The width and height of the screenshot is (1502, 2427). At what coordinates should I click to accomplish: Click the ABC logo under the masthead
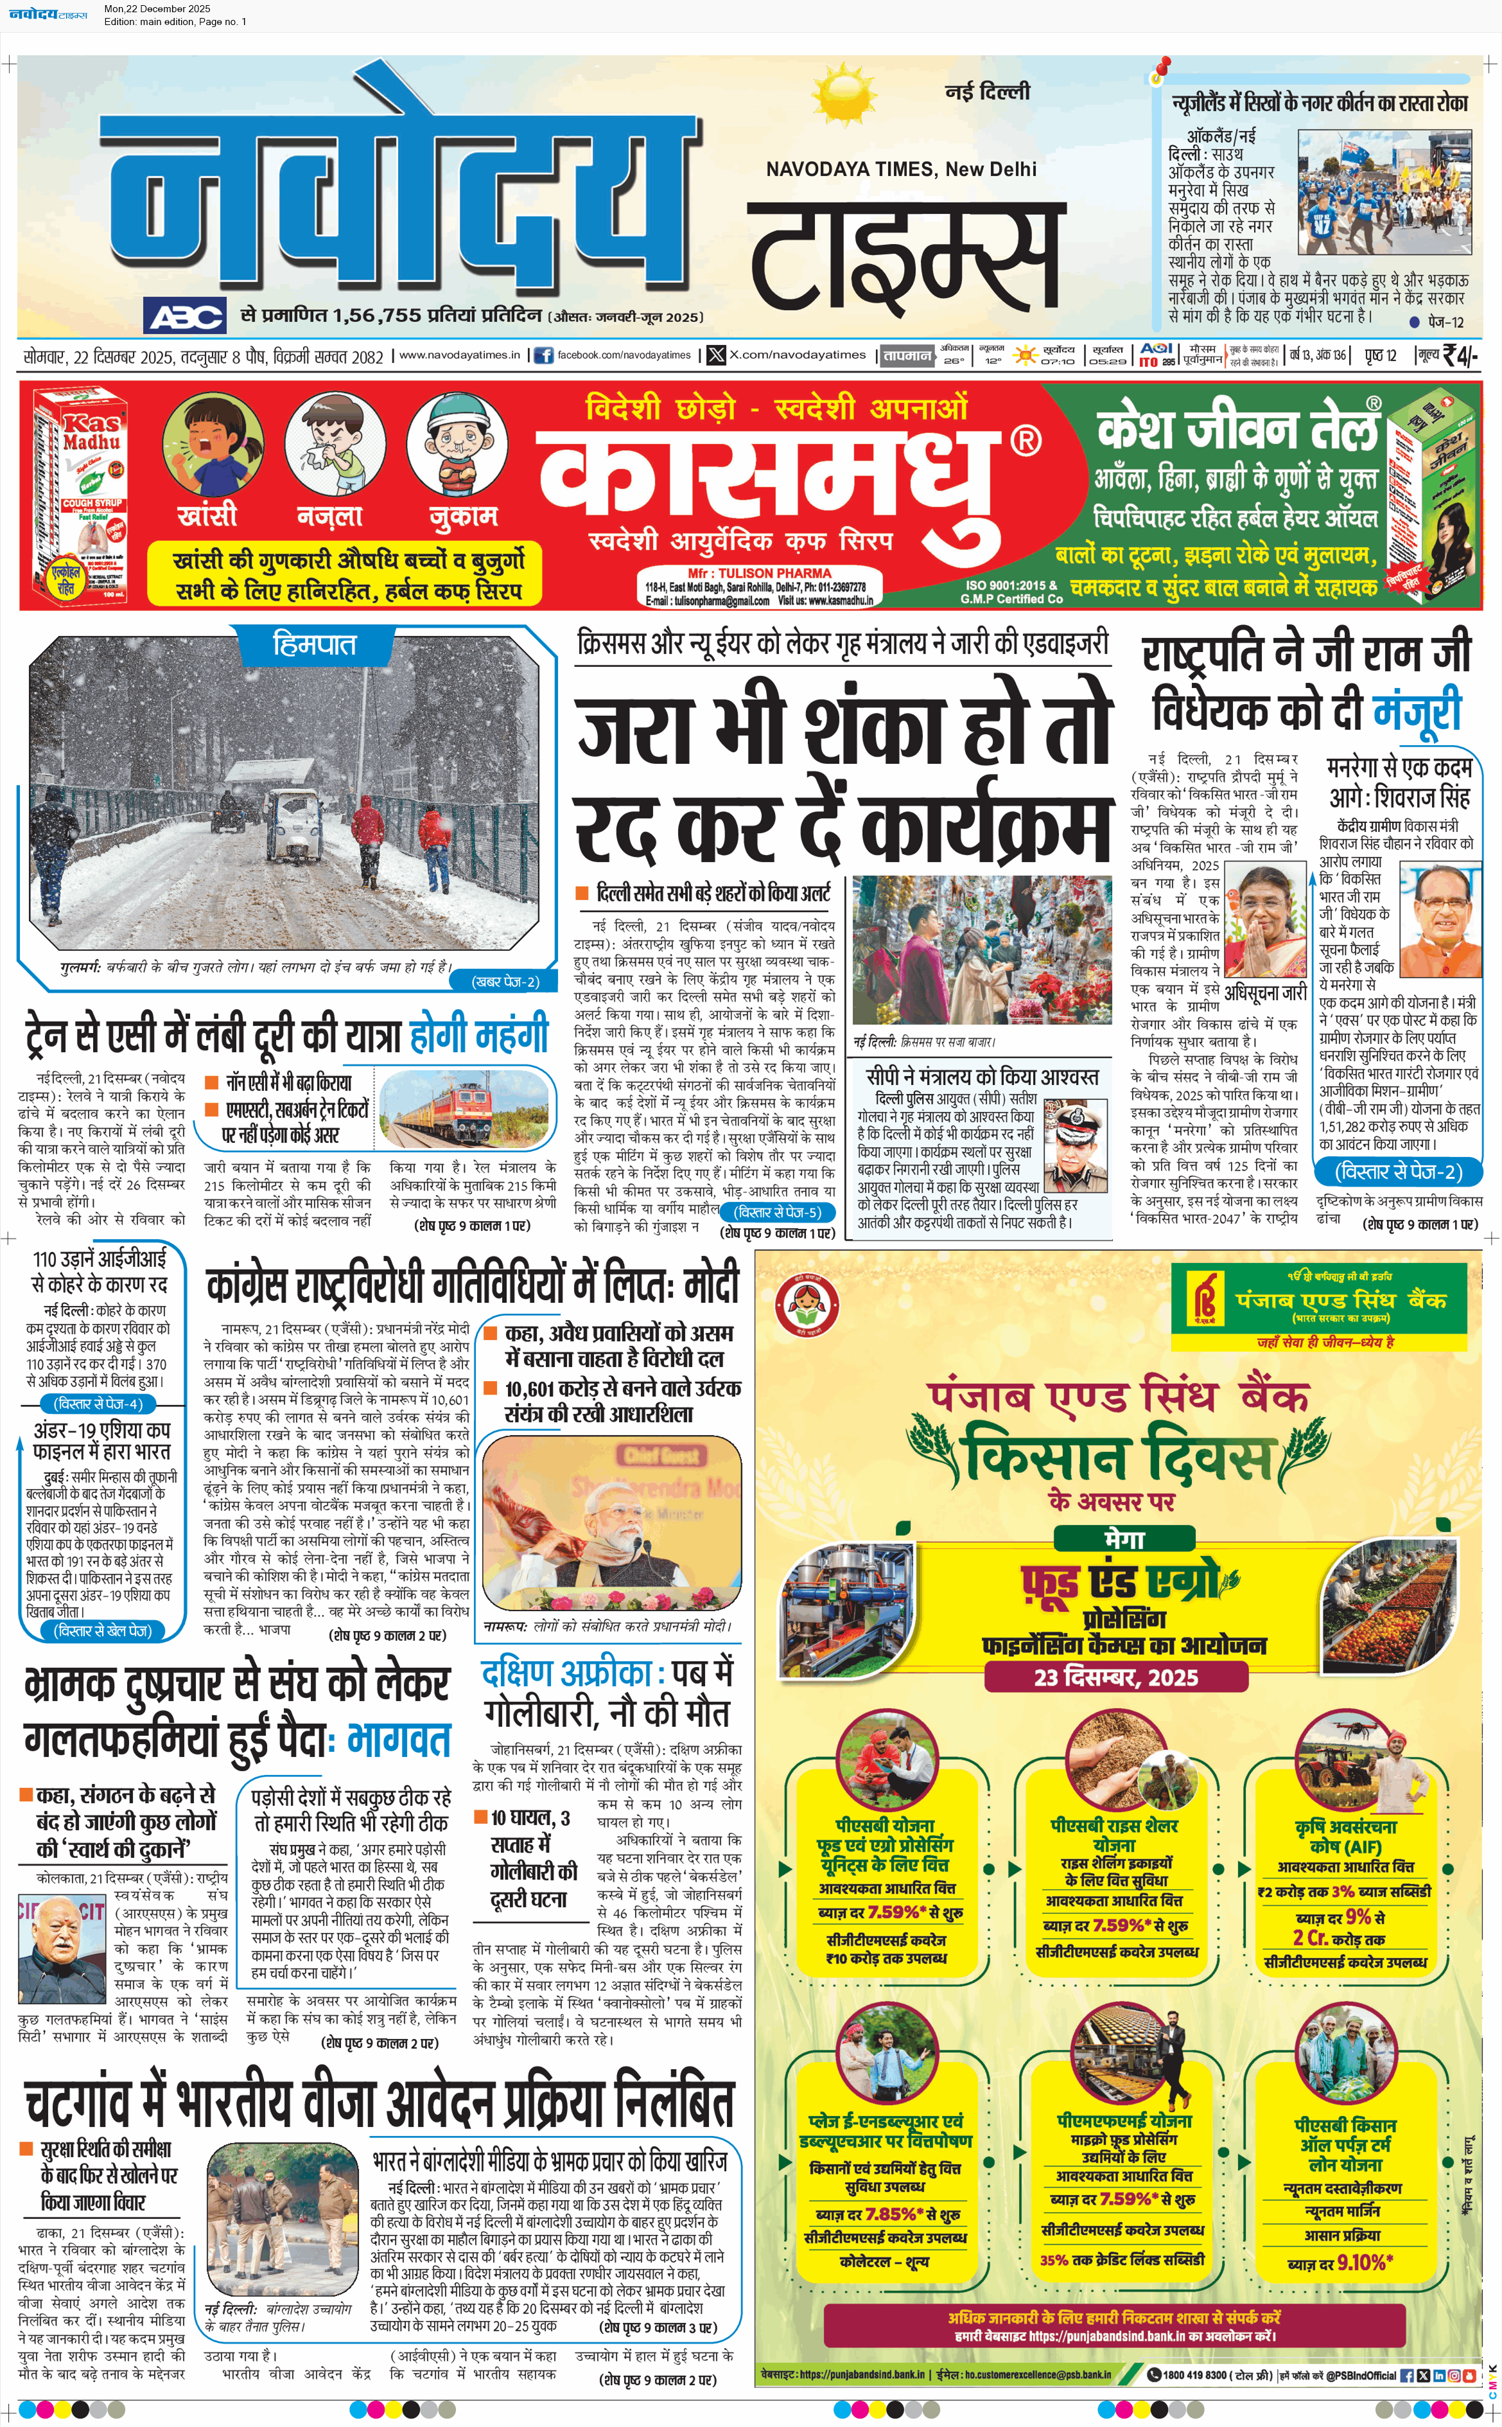(186, 317)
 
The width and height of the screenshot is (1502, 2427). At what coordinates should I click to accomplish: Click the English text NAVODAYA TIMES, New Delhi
(900, 169)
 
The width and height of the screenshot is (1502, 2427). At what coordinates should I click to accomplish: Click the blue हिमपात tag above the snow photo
(314, 645)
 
